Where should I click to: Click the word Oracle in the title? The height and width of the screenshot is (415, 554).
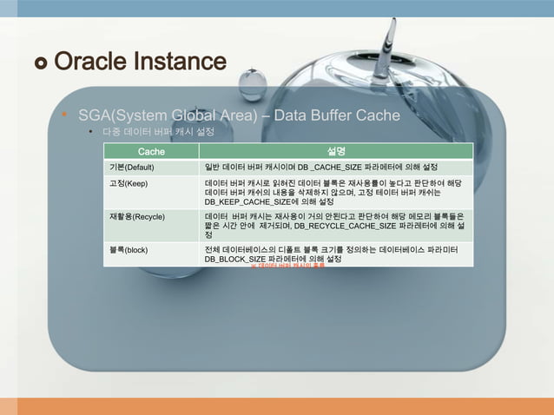(x=92, y=63)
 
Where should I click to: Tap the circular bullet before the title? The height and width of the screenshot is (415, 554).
(x=41, y=63)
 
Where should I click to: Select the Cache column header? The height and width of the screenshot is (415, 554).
(x=151, y=152)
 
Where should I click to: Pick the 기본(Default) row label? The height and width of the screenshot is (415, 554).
(x=129, y=167)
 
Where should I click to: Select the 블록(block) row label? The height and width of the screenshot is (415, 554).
(x=128, y=250)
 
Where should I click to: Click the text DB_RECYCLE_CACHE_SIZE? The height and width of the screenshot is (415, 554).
(x=343, y=225)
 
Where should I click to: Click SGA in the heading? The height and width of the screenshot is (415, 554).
(x=96, y=115)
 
